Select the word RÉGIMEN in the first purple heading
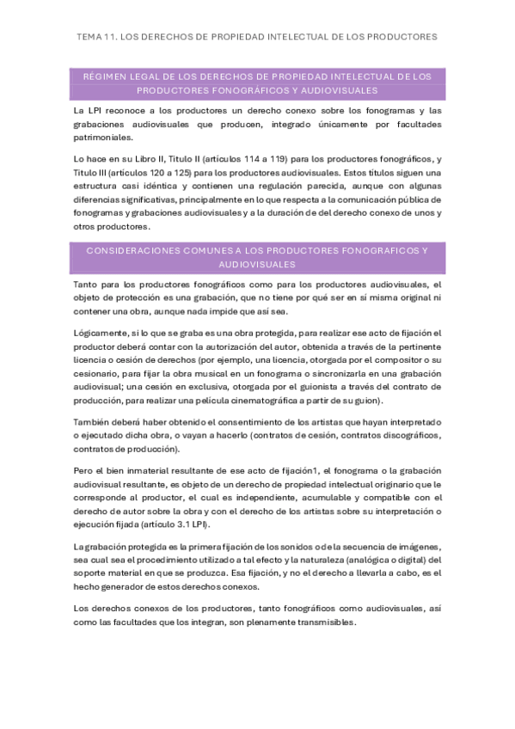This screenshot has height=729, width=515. [x=106, y=77]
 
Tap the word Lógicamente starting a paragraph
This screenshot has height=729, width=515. [x=101, y=333]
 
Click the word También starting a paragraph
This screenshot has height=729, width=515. [x=94, y=422]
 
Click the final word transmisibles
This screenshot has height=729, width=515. [x=319, y=622]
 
